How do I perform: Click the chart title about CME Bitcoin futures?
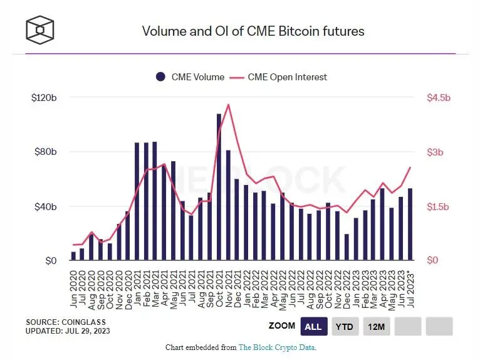point(253,31)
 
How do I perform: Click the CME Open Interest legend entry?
point(281,77)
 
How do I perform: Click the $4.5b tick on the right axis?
point(439,98)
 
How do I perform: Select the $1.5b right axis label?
point(439,206)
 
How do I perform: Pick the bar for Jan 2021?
point(137,201)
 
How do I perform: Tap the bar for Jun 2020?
point(73,256)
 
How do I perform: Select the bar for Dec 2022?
point(346,247)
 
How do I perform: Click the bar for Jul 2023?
point(410,224)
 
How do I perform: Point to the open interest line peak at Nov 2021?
point(228,105)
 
